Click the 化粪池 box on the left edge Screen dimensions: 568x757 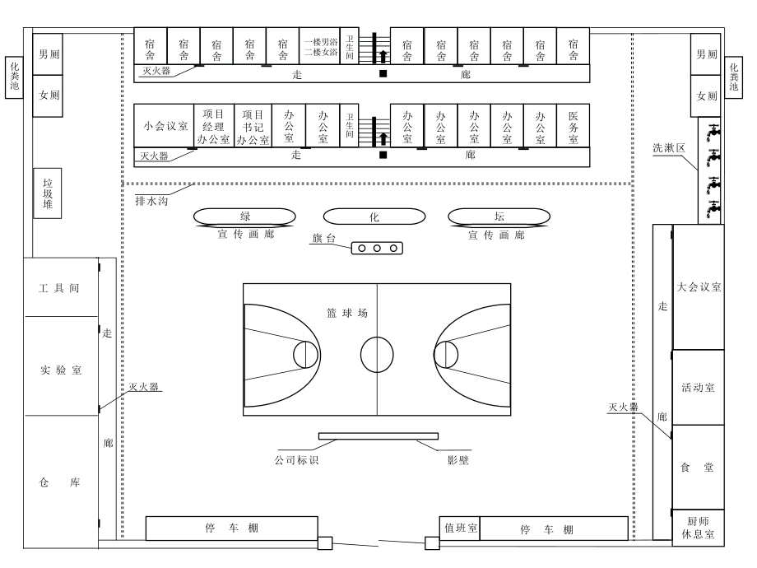[13, 78]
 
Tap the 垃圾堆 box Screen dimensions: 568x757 [48, 193]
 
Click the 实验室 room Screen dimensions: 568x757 [60, 370]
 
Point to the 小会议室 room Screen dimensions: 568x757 [165, 126]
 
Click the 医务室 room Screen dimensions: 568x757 [574, 126]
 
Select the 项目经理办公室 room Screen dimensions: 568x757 [213, 126]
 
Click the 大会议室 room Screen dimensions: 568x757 [699, 287]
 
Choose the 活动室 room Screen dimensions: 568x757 [699, 387]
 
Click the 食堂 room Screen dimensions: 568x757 [699, 467]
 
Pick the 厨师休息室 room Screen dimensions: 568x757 [699, 527]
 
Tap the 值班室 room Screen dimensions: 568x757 [461, 528]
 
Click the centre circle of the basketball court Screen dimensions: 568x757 [377, 353]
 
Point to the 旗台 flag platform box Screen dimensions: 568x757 [377, 248]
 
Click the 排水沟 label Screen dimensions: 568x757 [151, 199]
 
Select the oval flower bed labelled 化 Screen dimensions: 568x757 [374, 216]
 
